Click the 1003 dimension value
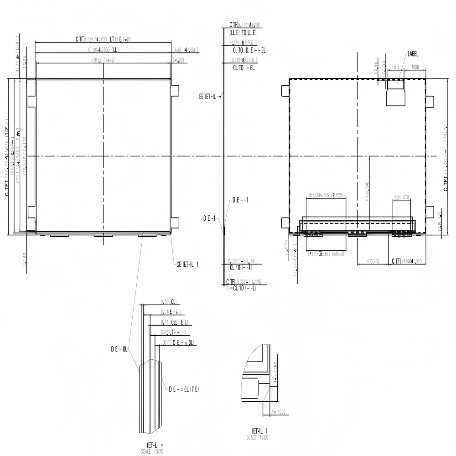[x=395, y=67]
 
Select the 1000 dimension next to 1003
[x=415, y=67]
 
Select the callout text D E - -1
[x=240, y=200]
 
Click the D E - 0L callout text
[x=118, y=349]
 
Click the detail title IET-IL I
[x=260, y=431]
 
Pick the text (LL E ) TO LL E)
[x=243, y=33]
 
